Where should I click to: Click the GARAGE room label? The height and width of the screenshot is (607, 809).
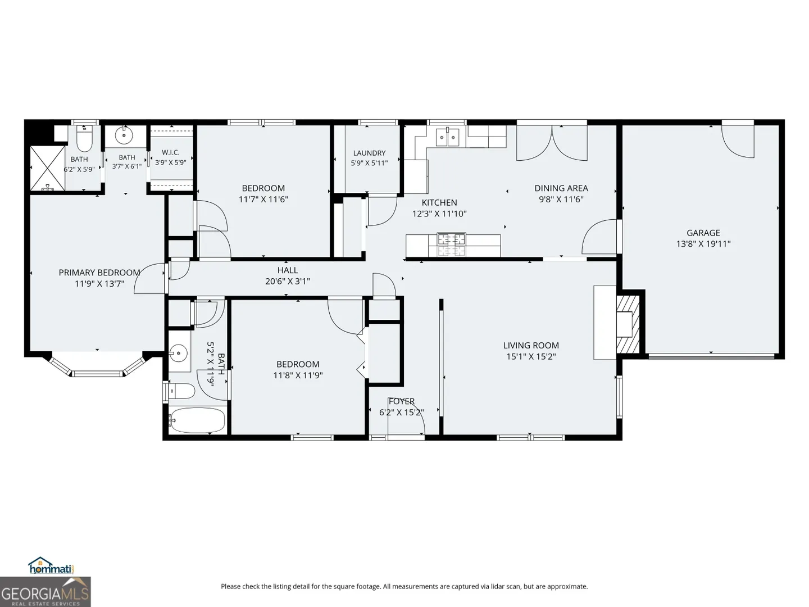point(703,233)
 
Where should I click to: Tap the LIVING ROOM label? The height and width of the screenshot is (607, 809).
point(531,345)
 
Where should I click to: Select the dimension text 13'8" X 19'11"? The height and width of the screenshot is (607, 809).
point(703,244)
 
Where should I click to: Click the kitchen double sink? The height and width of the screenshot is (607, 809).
point(448,137)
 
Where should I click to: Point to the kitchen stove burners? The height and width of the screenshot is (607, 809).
point(452,244)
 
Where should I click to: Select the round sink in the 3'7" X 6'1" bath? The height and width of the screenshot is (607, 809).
point(124,135)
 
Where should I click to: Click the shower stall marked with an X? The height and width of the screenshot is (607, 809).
point(47,168)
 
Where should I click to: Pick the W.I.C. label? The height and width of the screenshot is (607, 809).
point(171,152)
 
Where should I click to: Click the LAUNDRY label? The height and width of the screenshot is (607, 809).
point(369,153)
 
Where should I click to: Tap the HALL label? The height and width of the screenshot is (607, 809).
point(288,270)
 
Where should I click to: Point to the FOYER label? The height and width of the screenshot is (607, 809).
point(402,401)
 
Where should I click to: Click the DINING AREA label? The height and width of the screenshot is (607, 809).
point(561,188)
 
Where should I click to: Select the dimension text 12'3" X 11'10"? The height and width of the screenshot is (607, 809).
point(439,214)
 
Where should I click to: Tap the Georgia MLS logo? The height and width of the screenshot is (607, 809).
point(45,591)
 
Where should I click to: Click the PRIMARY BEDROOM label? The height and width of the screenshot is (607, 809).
point(99,273)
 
